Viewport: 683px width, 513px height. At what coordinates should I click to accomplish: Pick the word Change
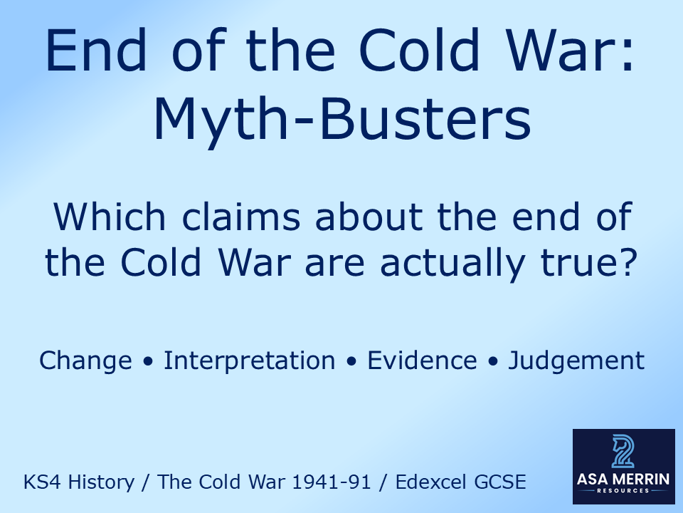click(85, 361)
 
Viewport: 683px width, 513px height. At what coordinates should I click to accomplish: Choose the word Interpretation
click(249, 361)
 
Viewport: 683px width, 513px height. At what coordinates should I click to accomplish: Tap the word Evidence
click(422, 361)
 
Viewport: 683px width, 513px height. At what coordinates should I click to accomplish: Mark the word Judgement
click(576, 361)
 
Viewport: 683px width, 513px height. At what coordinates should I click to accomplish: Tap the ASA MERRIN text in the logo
click(623, 479)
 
